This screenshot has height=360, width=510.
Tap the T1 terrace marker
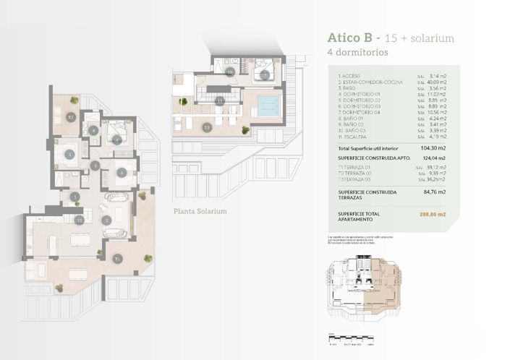click(118, 258)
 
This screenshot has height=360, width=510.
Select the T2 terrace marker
click(70, 117)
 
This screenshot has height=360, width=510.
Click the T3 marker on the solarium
click(206, 128)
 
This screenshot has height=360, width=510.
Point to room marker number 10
click(230, 72)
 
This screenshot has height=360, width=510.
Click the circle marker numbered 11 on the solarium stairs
click(219, 102)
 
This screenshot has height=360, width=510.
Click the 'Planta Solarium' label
click(200, 212)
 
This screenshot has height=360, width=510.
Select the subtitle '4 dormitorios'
click(358, 53)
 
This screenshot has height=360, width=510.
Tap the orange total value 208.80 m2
click(432, 215)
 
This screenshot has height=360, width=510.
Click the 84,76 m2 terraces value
click(433, 193)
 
